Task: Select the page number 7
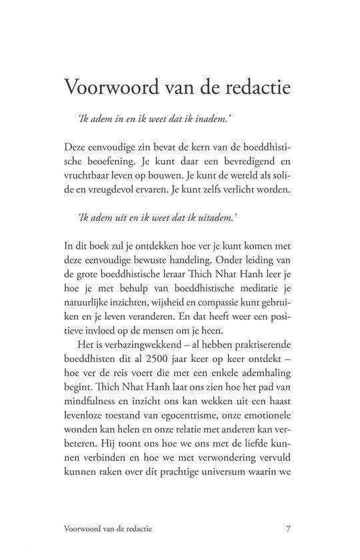287,529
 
